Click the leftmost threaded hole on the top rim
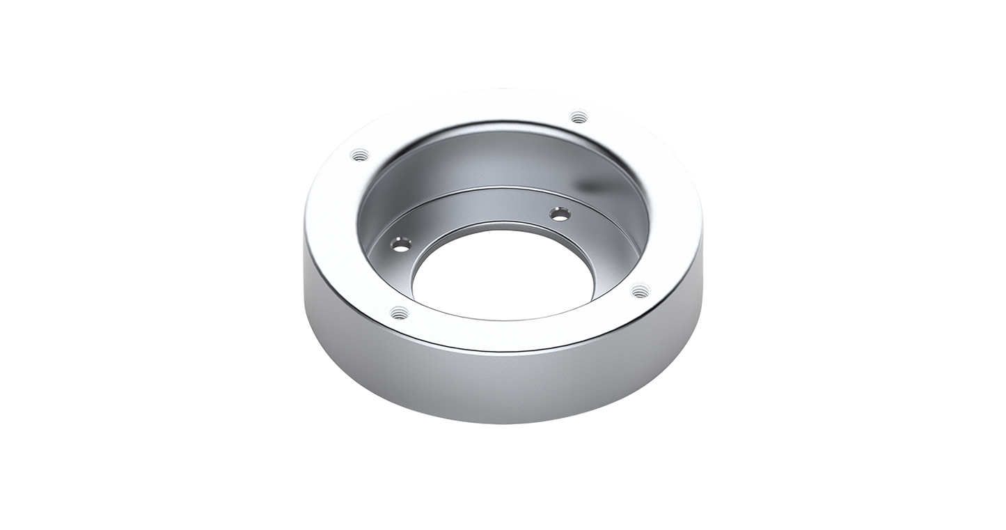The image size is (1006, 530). pyautogui.click(x=359, y=155)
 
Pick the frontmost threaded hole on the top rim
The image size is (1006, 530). pyautogui.click(x=398, y=312)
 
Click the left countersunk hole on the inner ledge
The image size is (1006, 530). pyautogui.click(x=400, y=244)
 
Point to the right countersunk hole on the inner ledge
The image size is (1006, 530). pyautogui.click(x=559, y=213)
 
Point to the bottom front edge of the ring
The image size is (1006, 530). pyautogui.click(x=501, y=423)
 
